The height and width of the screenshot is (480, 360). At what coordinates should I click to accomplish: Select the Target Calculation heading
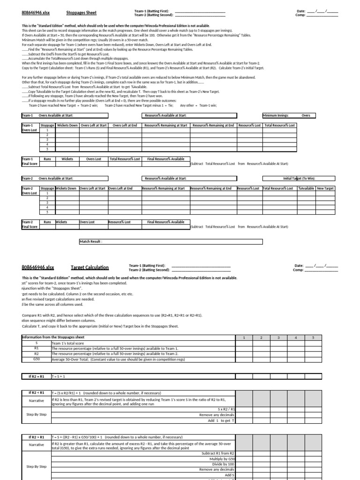pyautogui.click(x=90, y=267)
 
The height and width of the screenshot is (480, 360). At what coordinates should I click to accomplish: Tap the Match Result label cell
pyautogui.click(x=91, y=241)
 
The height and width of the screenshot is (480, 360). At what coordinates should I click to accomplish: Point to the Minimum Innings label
pyautogui.click(x=276, y=115)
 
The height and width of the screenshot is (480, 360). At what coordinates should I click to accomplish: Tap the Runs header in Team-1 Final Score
pyautogui.click(x=47, y=159)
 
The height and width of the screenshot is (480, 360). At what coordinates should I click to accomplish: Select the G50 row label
pyautogui.click(x=36, y=359)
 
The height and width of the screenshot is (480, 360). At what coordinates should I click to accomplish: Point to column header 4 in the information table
pyautogui.click(x=295, y=337)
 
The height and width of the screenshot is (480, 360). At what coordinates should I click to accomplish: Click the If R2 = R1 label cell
pyautogui.click(x=36, y=376)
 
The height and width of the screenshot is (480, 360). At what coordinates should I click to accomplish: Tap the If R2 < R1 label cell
pyautogui.click(x=36, y=392)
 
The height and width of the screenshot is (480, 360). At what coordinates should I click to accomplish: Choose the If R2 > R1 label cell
pyautogui.click(x=36, y=437)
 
